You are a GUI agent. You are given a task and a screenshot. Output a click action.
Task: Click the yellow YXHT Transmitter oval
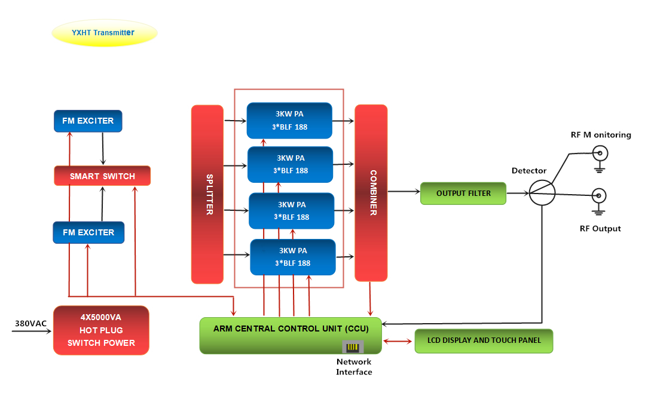tap(105, 33)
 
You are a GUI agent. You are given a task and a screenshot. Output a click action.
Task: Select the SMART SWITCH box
tap(102, 176)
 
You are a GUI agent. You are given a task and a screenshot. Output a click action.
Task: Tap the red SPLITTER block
tap(207, 194)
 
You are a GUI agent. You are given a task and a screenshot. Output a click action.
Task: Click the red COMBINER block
tap(371, 192)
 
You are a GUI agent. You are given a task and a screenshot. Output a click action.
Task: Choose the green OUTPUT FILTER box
tap(463, 194)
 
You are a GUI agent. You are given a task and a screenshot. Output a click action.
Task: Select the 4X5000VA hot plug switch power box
tap(101, 330)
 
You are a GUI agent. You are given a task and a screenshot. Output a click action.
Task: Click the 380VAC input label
tap(30, 323)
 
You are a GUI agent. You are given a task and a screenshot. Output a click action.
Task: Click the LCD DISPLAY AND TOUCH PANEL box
tap(484, 340)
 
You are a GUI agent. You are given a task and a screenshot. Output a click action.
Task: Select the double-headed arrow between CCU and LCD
tap(398, 341)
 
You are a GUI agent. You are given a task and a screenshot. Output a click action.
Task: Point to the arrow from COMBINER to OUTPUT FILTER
tap(404, 192)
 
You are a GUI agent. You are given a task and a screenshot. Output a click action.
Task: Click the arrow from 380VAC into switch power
tap(33, 330)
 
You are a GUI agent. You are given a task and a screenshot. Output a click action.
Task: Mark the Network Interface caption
tap(354, 367)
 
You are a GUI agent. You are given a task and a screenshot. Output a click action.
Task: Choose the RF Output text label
tap(600, 229)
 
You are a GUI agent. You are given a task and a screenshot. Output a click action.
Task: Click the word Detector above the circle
tap(529, 171)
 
